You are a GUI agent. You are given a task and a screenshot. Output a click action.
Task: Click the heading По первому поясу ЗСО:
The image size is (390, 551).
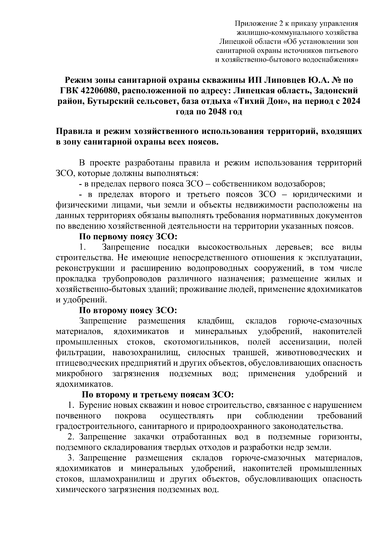pyautogui.click(x=128, y=237)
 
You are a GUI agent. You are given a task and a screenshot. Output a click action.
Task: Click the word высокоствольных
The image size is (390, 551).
pyautogui.click(x=232, y=247)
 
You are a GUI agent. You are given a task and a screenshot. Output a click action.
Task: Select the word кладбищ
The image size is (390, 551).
pyautogui.click(x=215, y=321)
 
